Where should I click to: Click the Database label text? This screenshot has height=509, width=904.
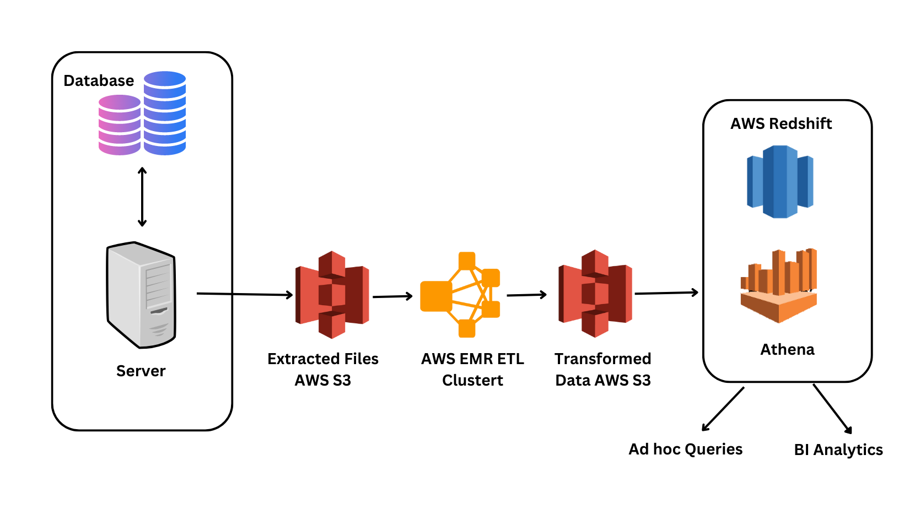(99, 81)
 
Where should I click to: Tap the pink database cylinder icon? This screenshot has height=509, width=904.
(119, 125)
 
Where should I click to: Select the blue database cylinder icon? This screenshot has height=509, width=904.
(165, 113)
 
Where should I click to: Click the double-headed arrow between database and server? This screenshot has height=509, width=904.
(142, 197)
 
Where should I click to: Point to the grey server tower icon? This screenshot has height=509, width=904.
(141, 295)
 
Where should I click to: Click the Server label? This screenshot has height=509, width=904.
(141, 371)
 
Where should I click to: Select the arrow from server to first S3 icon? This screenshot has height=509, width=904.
(244, 294)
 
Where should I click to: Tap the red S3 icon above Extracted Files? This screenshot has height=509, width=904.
(332, 295)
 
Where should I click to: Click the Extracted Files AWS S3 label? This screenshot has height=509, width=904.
(323, 369)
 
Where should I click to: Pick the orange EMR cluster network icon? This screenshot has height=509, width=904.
(460, 295)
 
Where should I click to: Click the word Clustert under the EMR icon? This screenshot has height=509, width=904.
(472, 380)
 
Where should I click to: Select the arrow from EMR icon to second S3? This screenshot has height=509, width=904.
(526, 295)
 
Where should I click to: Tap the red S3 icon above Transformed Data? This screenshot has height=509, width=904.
(595, 294)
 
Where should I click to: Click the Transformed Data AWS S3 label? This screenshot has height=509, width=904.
(602, 369)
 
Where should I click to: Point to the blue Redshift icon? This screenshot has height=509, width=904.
(780, 182)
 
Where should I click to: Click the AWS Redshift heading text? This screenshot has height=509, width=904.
(781, 123)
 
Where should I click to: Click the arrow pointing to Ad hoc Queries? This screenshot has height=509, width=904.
(723, 409)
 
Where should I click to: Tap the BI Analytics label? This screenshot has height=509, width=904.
(838, 450)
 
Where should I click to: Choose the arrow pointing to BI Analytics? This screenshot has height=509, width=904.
(832, 409)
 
